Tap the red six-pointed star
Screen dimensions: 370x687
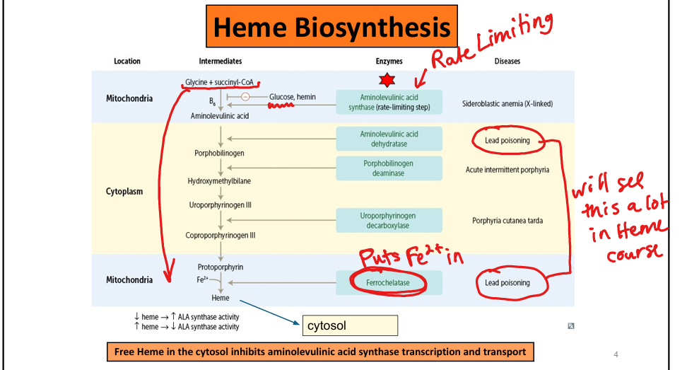click(385, 79)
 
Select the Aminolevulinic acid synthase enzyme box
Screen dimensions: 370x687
click(389, 103)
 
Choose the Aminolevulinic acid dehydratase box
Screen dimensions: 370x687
click(389, 139)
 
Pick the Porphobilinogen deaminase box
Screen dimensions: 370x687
click(389, 168)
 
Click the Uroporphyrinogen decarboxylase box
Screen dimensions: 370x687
click(389, 221)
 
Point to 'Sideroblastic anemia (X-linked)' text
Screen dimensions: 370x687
click(507, 104)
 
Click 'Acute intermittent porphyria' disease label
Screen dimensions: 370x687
click(507, 170)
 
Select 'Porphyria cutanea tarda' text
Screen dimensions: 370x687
click(507, 221)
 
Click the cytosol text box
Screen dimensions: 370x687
click(350, 325)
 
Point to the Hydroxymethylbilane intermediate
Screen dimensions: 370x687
click(219, 181)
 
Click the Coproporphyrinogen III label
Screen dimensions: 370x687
click(221, 236)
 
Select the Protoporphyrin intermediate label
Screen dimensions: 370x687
click(221, 267)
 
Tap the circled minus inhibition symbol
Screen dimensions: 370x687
click(245, 97)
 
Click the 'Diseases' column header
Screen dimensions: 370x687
click(507, 61)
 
